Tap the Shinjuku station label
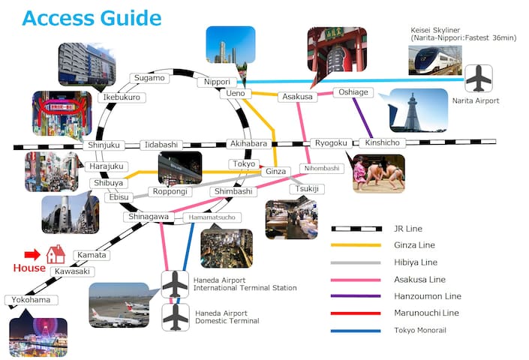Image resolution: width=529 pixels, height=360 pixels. (104, 145)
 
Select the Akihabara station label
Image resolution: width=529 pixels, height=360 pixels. (248, 144)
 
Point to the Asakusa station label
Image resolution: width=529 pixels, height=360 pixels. (297, 97)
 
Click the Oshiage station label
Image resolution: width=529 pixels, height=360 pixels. (353, 92)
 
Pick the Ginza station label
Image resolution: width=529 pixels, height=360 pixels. (275, 172)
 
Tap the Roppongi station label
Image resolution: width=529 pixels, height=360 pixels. (170, 191)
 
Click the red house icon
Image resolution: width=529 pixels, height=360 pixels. (56, 254)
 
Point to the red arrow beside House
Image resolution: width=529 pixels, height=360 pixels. (32, 254)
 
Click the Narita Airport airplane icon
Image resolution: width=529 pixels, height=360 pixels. (478, 78)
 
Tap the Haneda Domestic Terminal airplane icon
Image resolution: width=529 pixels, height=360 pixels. (175, 315)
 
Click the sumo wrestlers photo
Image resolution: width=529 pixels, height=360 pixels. (379, 174)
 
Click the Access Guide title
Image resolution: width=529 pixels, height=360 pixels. (91, 17)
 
